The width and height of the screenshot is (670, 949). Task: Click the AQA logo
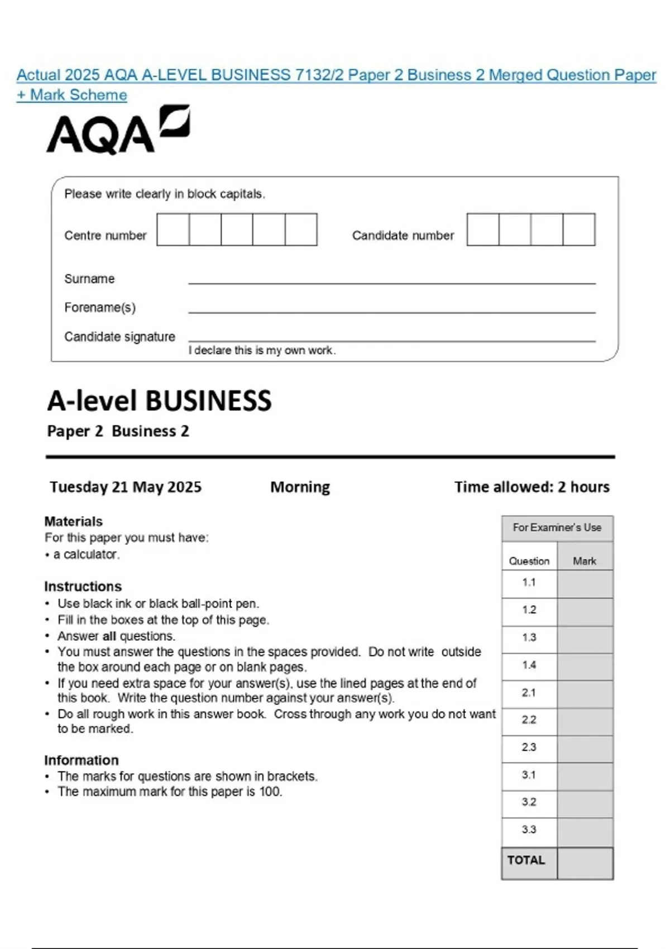[x=117, y=130]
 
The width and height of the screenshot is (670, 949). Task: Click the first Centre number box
[x=173, y=229]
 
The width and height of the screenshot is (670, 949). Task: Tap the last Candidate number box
[x=579, y=229]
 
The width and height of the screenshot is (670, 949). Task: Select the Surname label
[x=89, y=279]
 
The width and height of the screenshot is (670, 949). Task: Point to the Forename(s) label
[x=100, y=308]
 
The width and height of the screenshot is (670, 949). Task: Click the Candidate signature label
[x=119, y=337]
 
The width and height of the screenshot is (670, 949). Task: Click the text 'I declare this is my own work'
[x=262, y=351]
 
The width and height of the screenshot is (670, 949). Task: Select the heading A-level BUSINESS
[x=159, y=401]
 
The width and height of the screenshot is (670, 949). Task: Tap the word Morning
[x=300, y=487]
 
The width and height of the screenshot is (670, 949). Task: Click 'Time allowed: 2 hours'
[x=532, y=487]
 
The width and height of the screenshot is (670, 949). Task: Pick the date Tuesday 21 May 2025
[x=126, y=487]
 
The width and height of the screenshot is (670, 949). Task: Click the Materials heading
[x=73, y=521]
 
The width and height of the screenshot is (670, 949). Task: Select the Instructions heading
[x=83, y=586]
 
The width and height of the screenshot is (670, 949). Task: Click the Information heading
[x=82, y=760]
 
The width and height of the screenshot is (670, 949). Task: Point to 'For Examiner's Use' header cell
[x=557, y=528]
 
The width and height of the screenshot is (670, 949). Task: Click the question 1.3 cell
[x=529, y=638]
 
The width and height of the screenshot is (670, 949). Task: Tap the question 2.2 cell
[x=529, y=720]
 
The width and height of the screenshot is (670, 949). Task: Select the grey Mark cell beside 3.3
[x=585, y=830]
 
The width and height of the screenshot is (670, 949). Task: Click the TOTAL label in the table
[x=526, y=860]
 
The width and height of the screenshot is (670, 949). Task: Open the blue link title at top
[x=336, y=75]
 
